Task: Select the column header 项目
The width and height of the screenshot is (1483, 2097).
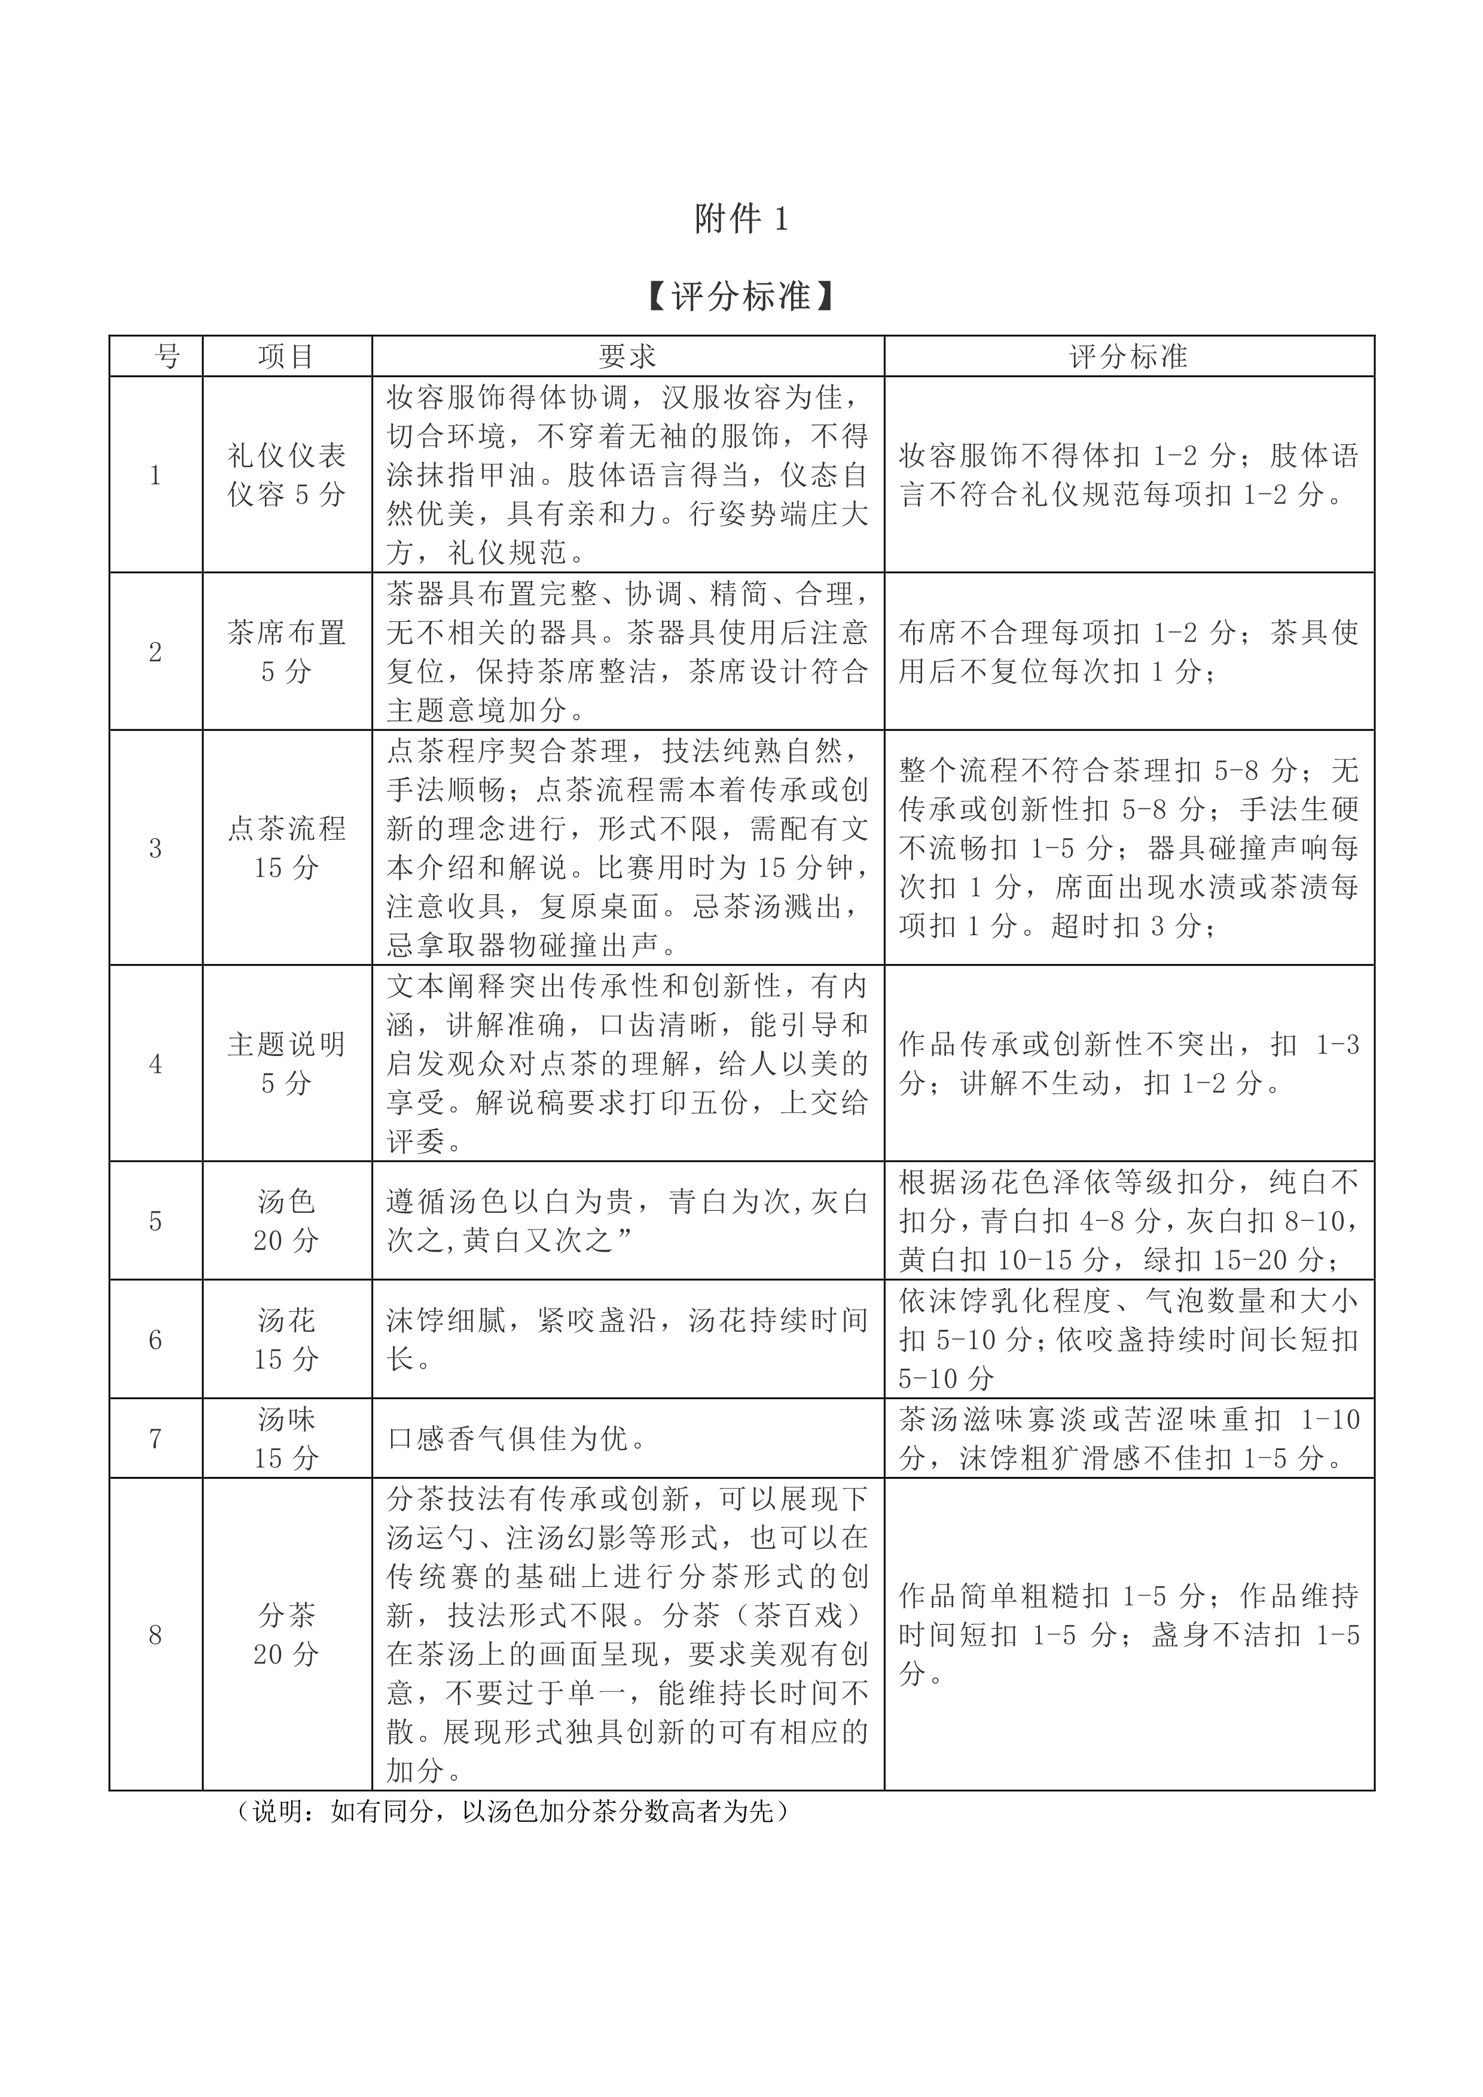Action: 286,357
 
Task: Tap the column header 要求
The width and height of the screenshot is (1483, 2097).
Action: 627,357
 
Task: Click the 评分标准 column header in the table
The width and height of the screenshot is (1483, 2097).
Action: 1128,357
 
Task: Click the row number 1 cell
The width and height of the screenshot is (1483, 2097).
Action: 155,475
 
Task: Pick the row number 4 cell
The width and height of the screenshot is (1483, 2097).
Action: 155,1064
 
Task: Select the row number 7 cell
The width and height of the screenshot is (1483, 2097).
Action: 155,1439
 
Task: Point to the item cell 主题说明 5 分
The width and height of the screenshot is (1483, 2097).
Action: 286,1064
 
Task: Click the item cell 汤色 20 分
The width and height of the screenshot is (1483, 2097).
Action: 286,1221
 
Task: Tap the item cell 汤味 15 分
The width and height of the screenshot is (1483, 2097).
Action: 286,1439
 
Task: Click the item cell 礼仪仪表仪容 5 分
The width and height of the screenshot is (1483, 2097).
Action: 286,475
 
